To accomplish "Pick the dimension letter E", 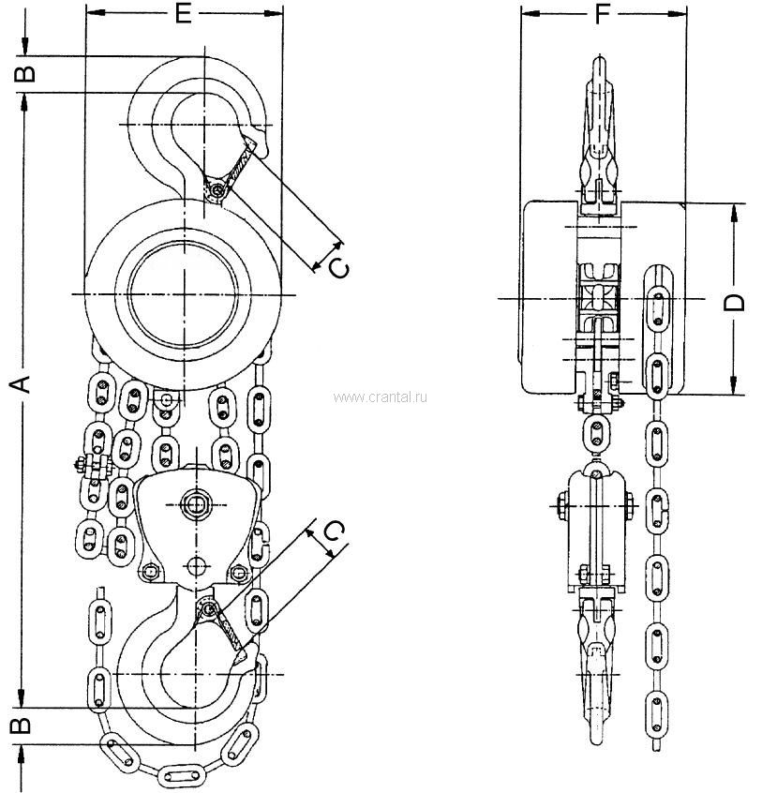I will pyautogui.click(x=184, y=13).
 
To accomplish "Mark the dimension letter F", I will pyautogui.click(x=603, y=13).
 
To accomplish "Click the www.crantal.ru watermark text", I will pyautogui.click(x=379, y=397).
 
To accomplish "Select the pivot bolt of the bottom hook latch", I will pyautogui.click(x=210, y=610).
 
